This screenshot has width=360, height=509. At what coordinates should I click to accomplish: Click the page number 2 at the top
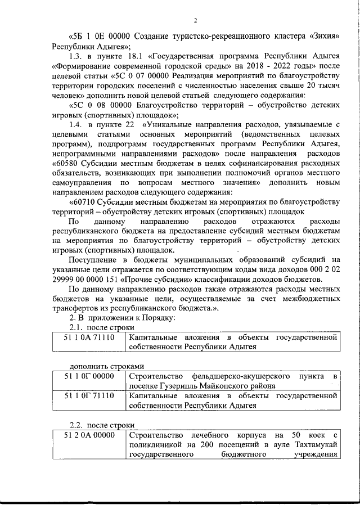195,21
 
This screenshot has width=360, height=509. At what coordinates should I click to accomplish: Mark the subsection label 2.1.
76,327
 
